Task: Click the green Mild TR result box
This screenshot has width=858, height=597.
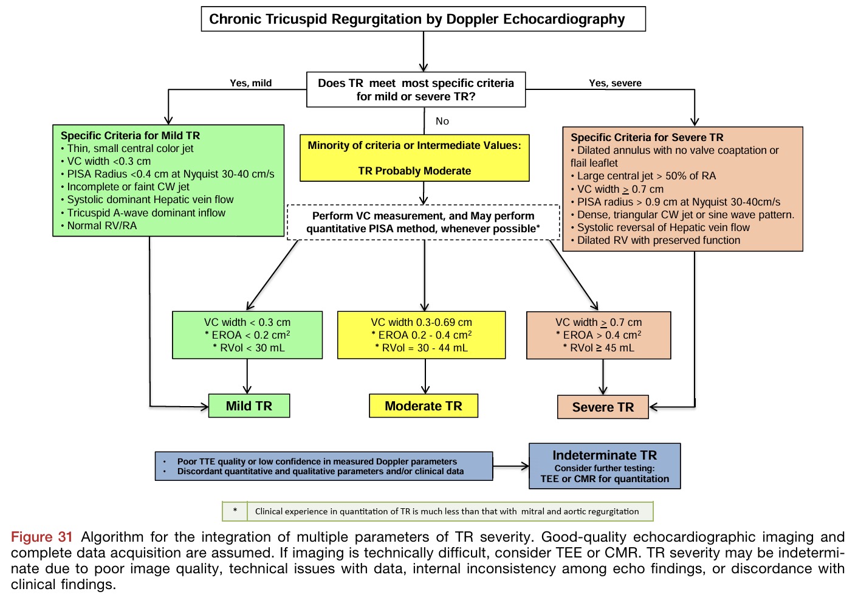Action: (x=249, y=406)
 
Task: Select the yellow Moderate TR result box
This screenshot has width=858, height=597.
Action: (x=424, y=406)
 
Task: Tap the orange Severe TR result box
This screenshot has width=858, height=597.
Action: (x=603, y=407)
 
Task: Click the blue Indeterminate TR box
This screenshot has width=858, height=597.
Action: (x=605, y=466)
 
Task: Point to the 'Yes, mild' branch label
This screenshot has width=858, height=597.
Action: (x=251, y=83)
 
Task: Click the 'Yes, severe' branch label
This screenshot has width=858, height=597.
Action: (x=615, y=83)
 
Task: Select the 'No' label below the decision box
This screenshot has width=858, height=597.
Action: (x=442, y=121)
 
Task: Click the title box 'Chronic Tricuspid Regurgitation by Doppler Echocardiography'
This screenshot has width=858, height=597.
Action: (x=423, y=19)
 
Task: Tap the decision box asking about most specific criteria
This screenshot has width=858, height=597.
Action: (x=416, y=90)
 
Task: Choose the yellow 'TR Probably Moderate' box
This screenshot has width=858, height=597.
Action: (x=414, y=158)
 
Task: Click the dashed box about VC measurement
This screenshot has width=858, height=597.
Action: (x=423, y=223)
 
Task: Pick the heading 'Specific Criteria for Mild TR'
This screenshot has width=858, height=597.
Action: (x=130, y=136)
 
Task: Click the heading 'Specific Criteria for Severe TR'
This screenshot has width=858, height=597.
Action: (x=647, y=137)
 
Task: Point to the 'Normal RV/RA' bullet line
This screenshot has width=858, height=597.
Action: (x=101, y=226)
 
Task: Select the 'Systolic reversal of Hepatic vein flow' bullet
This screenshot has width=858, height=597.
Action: (x=663, y=227)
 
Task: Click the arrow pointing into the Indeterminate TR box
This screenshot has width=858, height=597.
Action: (x=511, y=466)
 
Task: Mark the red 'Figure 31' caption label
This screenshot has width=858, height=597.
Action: (x=41, y=537)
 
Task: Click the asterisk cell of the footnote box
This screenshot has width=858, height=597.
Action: (x=235, y=511)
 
